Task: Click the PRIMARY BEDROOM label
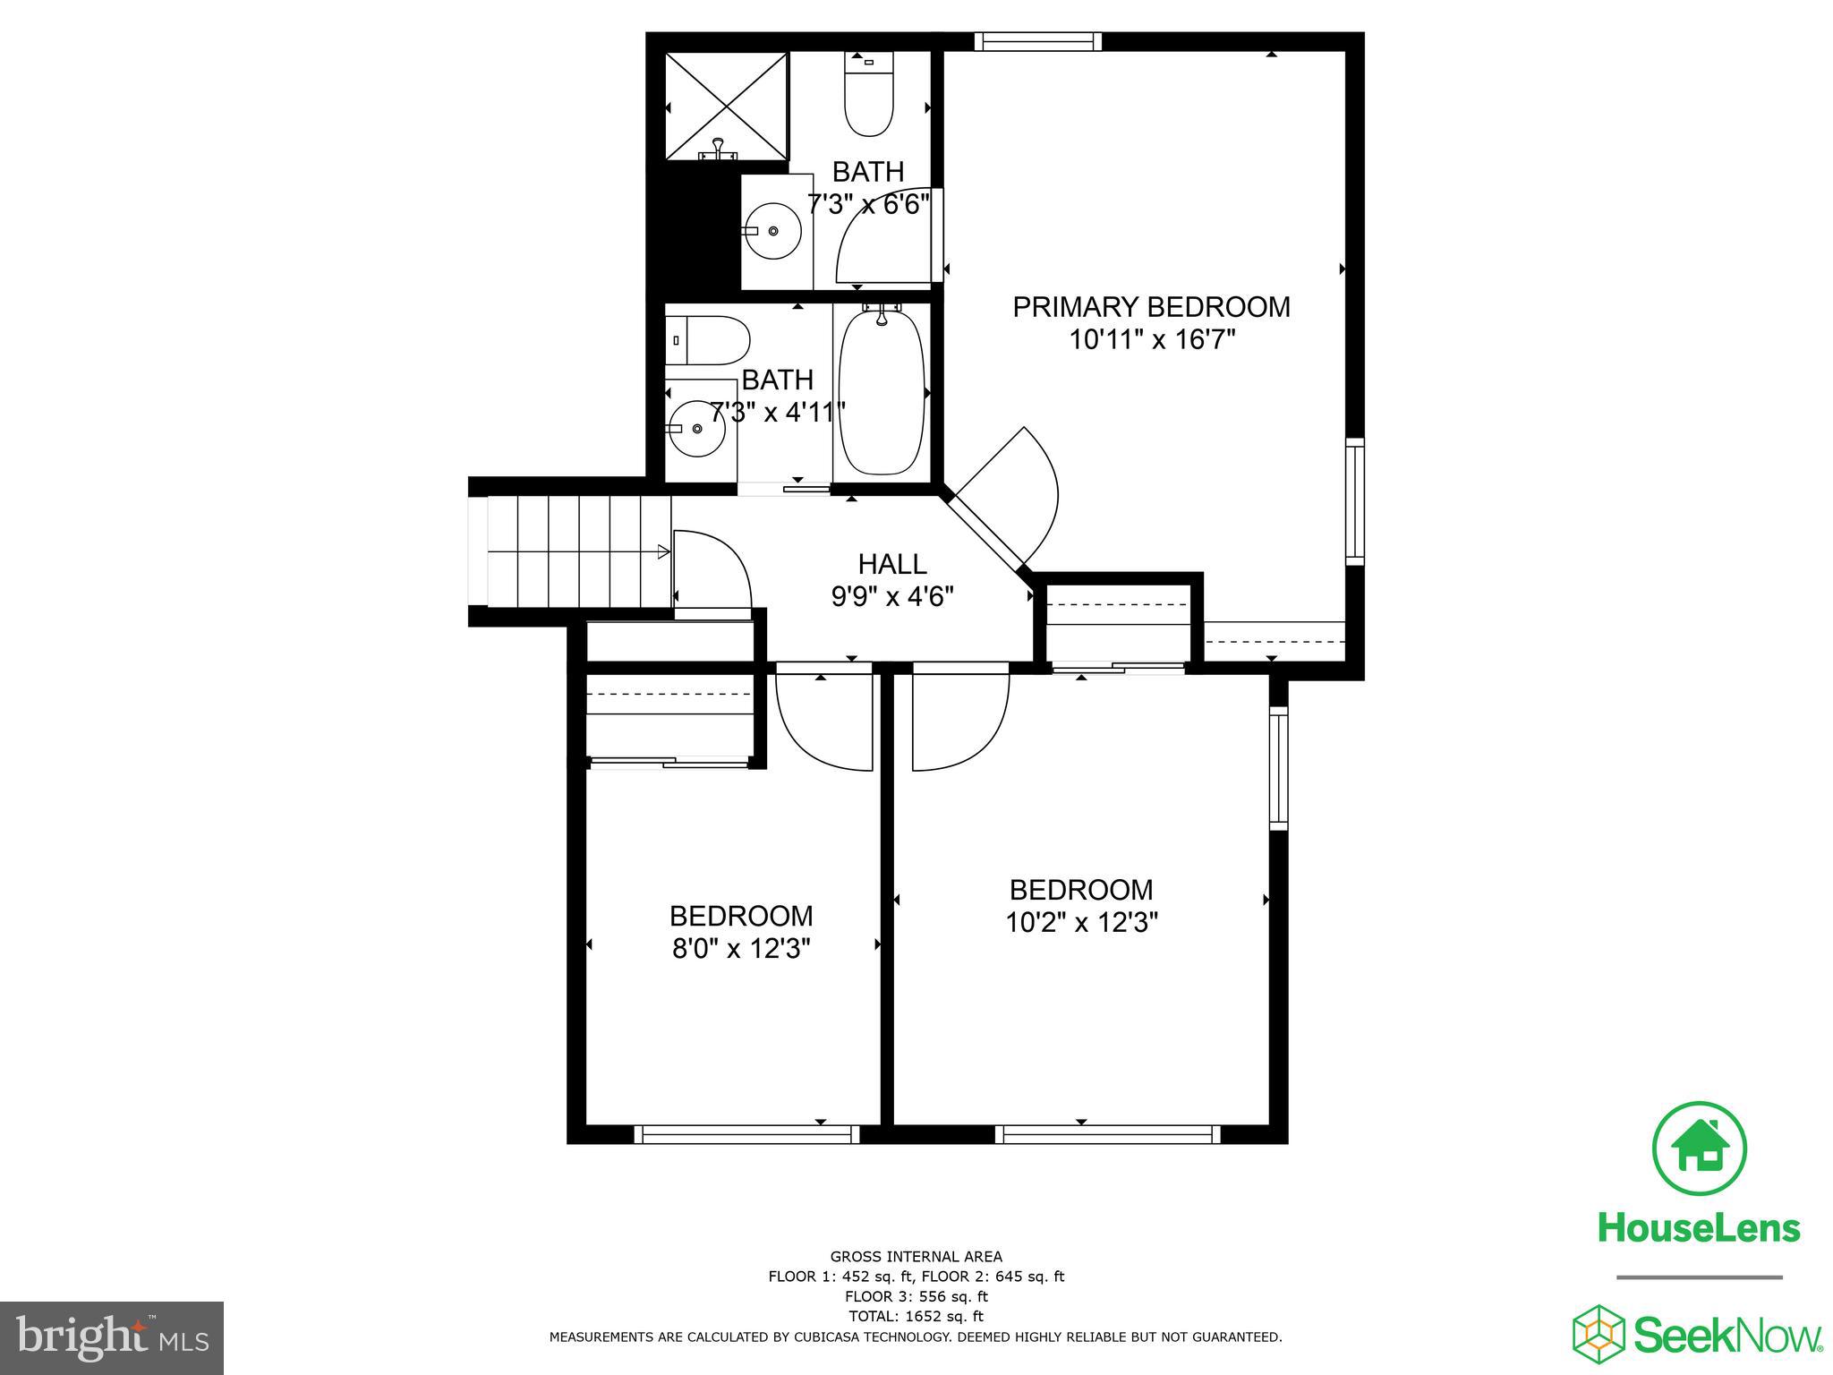tap(1151, 307)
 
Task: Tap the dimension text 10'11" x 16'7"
tap(1152, 340)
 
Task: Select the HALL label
tap(891, 564)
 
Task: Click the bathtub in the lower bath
tap(881, 392)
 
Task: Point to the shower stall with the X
tap(726, 107)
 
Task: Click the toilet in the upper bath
tap(869, 94)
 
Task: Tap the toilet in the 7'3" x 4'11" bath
tap(707, 340)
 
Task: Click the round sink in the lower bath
tap(697, 429)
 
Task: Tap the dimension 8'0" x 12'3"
tap(741, 948)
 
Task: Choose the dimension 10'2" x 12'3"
tap(1081, 921)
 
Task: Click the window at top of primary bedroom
tap(1037, 41)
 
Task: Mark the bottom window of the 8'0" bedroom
tap(746, 1134)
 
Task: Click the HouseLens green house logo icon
tap(1699, 1149)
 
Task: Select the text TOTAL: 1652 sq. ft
tap(916, 1316)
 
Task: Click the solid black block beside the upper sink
tap(694, 231)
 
